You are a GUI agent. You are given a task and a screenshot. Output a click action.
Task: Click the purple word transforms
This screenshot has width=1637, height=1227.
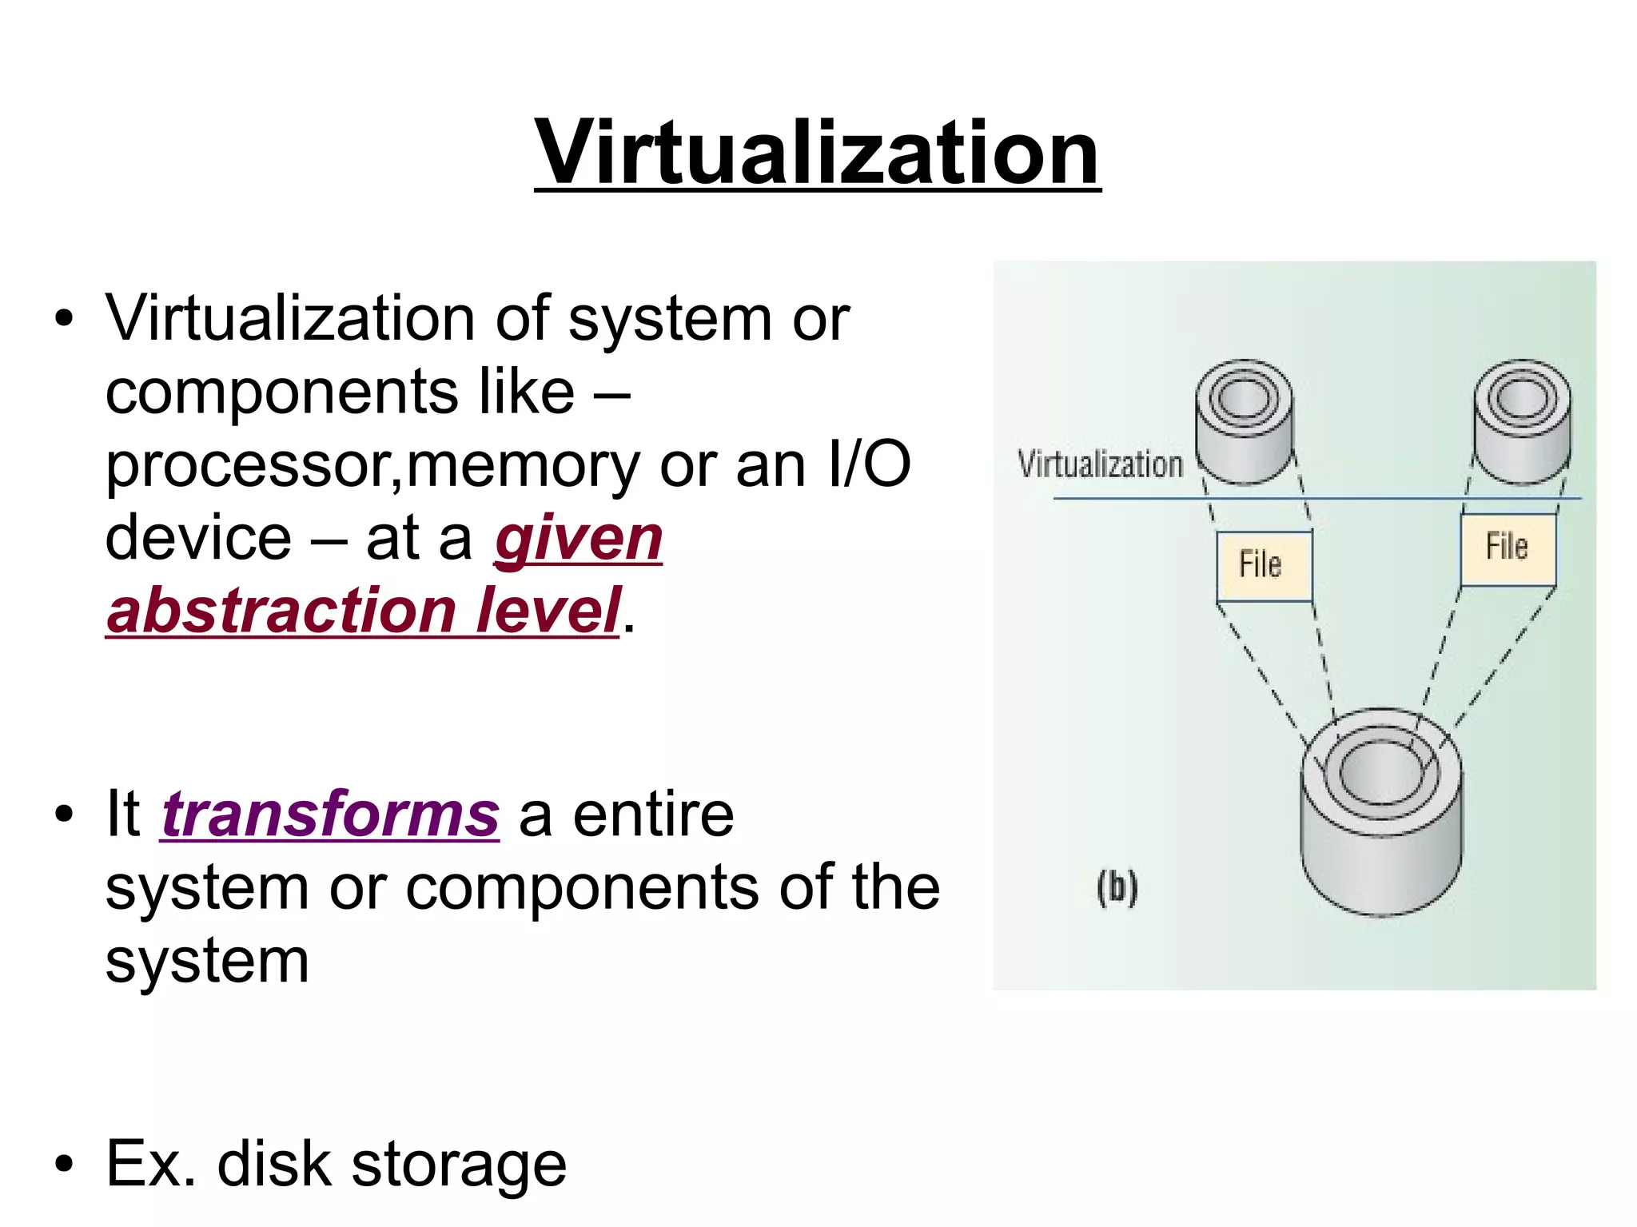[330, 815]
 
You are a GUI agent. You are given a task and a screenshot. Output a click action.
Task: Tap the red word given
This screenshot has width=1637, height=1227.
[579, 539]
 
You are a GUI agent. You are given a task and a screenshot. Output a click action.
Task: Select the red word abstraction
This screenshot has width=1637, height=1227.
[280, 611]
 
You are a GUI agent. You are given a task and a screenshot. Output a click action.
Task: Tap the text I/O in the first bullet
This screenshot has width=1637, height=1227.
[870, 465]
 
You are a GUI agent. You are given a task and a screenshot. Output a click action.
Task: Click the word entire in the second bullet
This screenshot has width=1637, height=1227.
[653, 815]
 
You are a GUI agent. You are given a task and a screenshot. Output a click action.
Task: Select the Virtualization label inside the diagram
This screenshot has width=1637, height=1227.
[1100, 464]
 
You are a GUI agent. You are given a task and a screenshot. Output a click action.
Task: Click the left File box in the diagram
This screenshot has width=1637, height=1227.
[1263, 565]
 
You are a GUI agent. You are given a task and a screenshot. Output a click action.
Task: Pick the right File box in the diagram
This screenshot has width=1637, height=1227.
[1508, 548]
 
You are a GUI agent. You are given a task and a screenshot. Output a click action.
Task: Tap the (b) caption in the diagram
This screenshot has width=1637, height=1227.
[1117, 887]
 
